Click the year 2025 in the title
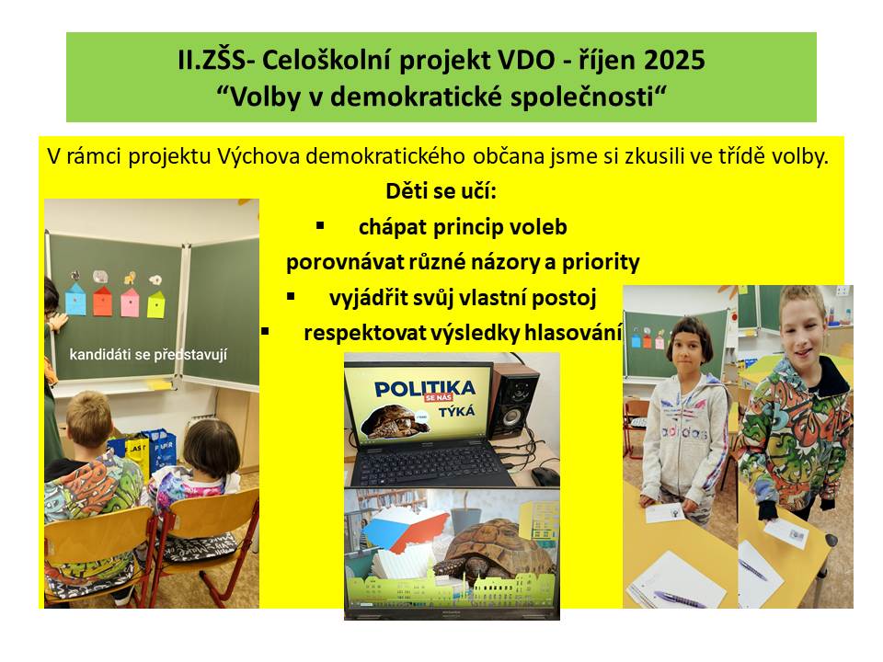coord(674,60)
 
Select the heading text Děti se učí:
coord(441,191)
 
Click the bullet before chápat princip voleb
coord(320,226)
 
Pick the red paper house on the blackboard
coord(102,302)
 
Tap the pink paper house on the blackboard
coord(130,302)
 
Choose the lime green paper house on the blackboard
coord(156,304)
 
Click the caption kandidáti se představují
coord(148,355)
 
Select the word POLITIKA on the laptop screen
coord(425,388)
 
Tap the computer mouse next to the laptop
coord(545,476)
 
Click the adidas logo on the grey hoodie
coord(683,432)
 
